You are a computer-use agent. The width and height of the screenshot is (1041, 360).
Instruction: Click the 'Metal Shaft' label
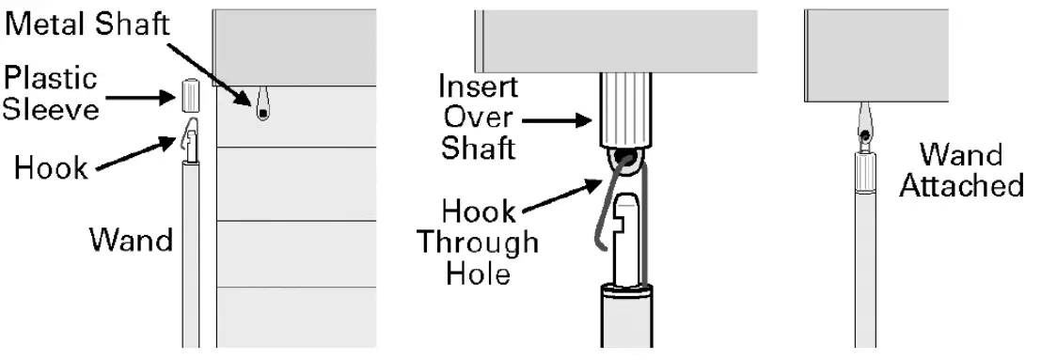pos(87,25)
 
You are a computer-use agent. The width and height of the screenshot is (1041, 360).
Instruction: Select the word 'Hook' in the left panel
pos(52,168)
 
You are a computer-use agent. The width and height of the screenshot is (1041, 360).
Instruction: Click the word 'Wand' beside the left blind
pos(131,240)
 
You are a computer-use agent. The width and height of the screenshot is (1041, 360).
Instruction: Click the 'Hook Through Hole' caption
pos(477,243)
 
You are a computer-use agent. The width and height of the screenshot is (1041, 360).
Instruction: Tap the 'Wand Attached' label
pos(961,170)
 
